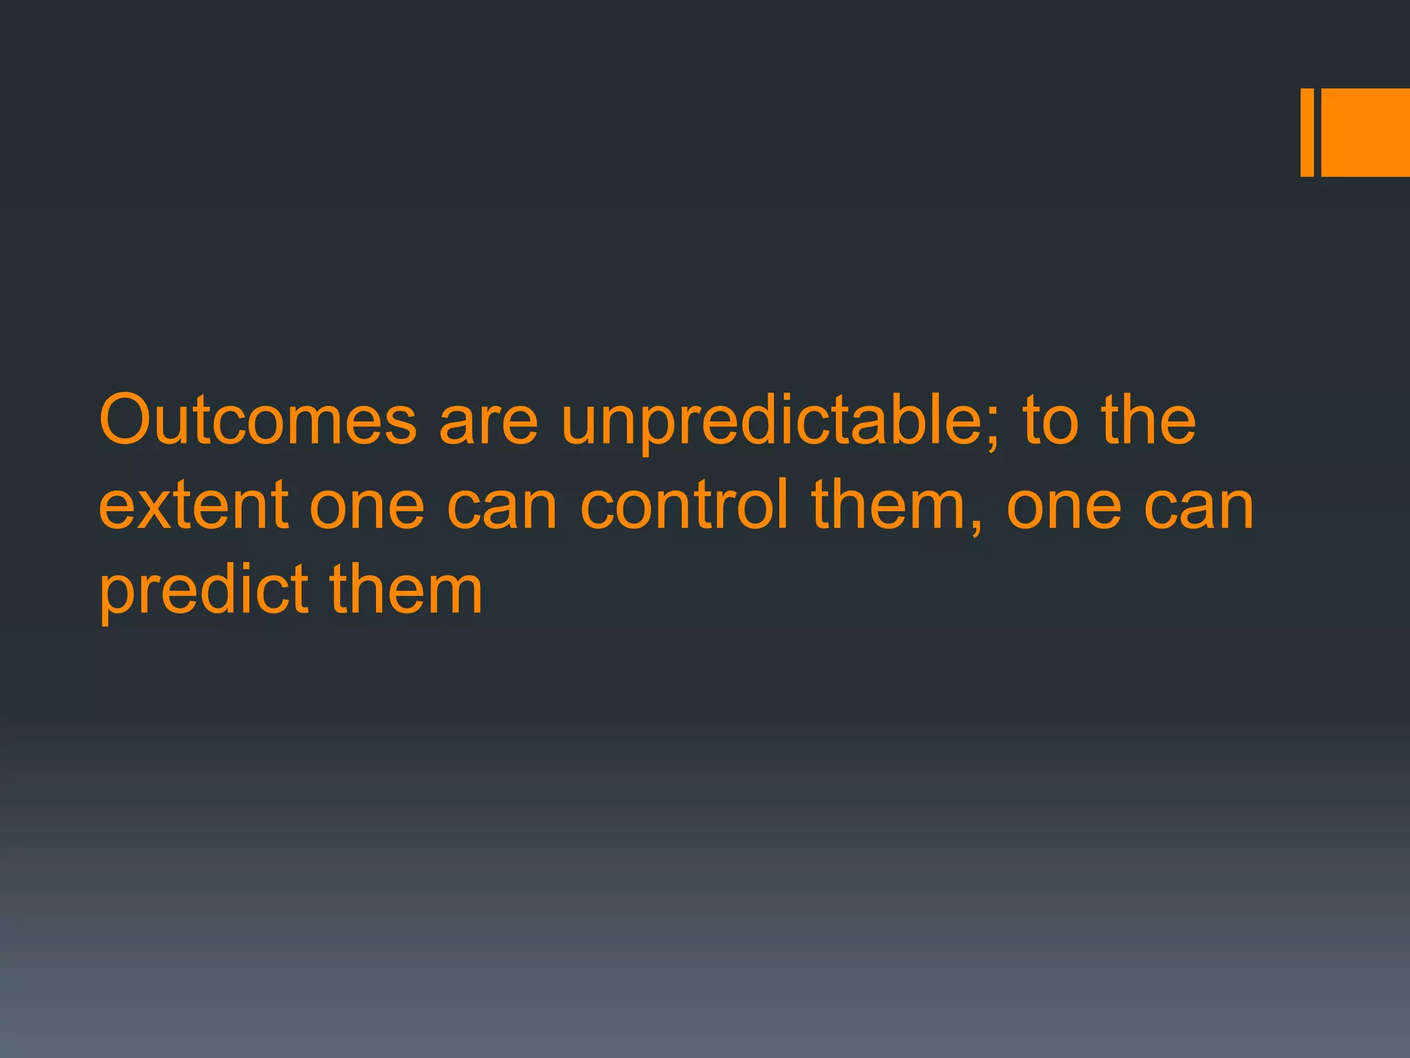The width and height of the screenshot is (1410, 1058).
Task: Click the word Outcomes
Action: pyautogui.click(x=258, y=420)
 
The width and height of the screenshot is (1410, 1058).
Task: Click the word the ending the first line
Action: pyautogui.click(x=1148, y=420)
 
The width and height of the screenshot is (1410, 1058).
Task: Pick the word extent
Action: pyautogui.click(x=193, y=506)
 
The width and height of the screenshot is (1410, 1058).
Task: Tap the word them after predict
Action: pyautogui.click(x=406, y=590)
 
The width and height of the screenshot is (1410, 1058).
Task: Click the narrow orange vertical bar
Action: pyautogui.click(x=1307, y=132)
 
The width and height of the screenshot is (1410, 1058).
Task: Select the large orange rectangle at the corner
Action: pyautogui.click(x=1365, y=132)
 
